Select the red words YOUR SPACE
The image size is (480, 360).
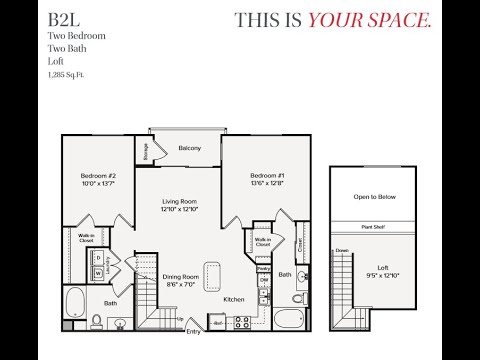pyautogui.click(x=369, y=21)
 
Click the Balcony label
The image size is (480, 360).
pyautogui.click(x=190, y=148)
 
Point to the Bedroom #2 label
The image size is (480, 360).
pyautogui.click(x=99, y=176)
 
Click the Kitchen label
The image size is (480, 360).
pyautogui.click(x=234, y=299)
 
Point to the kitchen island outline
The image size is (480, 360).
pyautogui.click(x=212, y=274)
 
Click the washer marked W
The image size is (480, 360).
pyautogui.click(x=99, y=272)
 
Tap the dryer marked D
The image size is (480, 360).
pyautogui.click(x=99, y=258)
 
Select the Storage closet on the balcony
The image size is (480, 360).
pyautogui.click(x=146, y=151)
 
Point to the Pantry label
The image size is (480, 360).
pyautogui.click(x=263, y=268)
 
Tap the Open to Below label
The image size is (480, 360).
pyautogui.click(x=375, y=197)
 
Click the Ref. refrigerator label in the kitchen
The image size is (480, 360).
pyautogui.click(x=218, y=323)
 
